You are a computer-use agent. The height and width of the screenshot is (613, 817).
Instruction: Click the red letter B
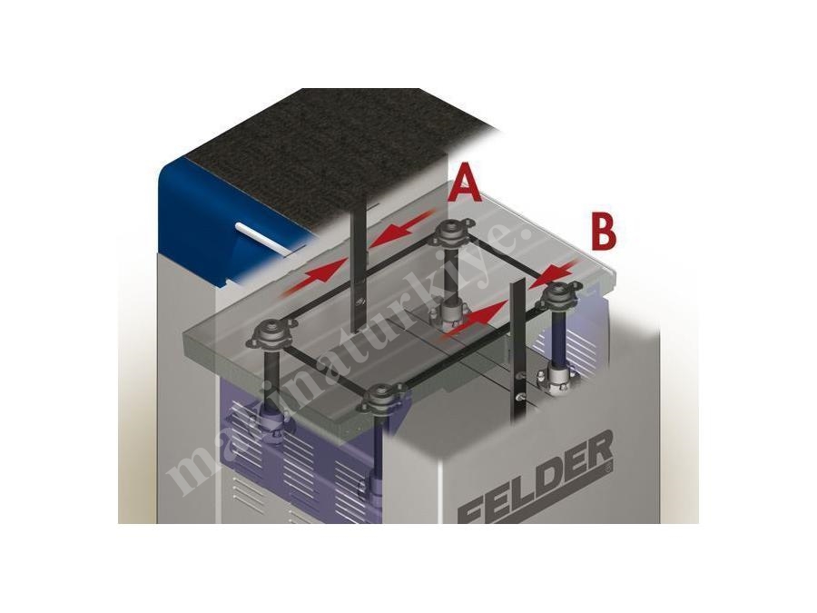(604, 232)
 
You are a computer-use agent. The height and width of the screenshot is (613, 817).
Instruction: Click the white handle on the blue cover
(263, 238)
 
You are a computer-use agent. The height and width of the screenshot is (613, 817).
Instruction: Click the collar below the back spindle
(449, 316)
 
